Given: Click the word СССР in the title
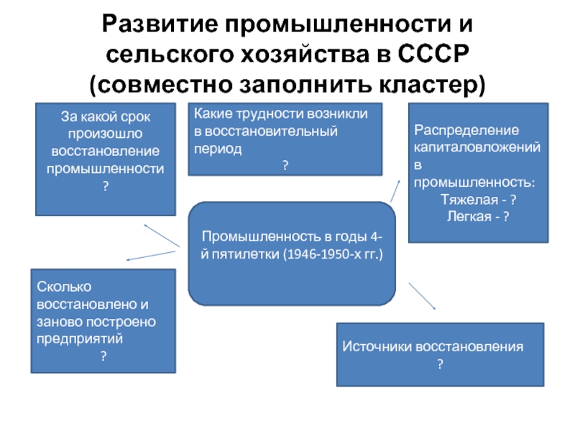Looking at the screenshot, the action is click(433, 55).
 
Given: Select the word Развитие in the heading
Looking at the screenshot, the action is click(160, 24).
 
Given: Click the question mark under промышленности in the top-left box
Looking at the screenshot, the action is click(106, 186).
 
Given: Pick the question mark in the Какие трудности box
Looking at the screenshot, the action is click(285, 165).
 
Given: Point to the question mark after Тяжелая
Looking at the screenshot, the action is click(513, 200).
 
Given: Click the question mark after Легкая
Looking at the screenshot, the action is click(506, 217).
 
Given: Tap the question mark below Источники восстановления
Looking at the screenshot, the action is click(440, 364).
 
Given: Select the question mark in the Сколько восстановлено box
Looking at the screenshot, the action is click(103, 356).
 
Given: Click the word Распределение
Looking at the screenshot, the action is click(466, 131).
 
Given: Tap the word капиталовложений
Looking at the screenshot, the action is click(477, 147).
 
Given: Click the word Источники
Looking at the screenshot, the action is click(377, 347).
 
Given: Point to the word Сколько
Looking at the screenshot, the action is click(64, 287).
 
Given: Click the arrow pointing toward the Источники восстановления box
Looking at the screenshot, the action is click(422, 296).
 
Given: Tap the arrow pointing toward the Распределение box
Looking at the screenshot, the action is click(395, 190).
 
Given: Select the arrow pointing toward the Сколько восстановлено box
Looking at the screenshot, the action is click(151, 256).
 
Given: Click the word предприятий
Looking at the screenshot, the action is click(80, 339).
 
